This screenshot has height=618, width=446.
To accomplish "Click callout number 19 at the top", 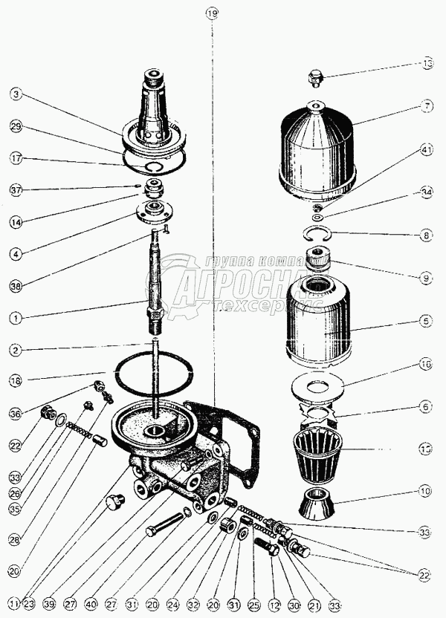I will (x=212, y=13).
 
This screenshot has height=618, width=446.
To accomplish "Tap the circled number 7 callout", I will (x=426, y=106).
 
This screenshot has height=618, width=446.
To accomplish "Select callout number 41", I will (x=426, y=149).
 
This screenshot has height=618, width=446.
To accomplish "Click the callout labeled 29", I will (x=16, y=127).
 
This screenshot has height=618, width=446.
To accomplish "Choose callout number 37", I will (x=16, y=189).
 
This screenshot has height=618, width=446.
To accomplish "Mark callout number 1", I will (x=16, y=318).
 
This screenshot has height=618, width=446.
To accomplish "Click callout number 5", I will (x=426, y=322).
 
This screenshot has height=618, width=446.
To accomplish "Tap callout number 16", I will (x=426, y=365).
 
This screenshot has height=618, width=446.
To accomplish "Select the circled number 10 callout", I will (x=426, y=491).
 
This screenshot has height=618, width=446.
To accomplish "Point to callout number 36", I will (x=16, y=414).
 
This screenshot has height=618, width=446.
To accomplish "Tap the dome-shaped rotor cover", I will (x=318, y=152).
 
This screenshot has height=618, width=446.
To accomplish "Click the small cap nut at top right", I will (x=316, y=77).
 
